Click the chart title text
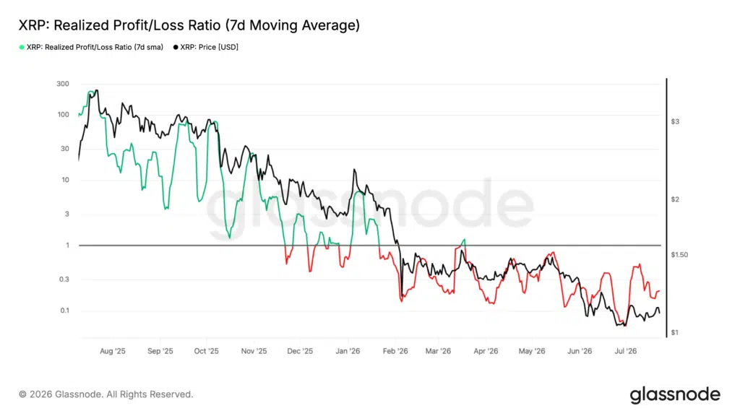[189, 25]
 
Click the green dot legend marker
[22, 47]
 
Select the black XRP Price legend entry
[206, 47]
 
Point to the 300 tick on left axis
[63, 84]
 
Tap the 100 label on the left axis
[64, 115]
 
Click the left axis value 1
[67, 246]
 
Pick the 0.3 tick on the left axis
[64, 279]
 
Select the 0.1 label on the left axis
[64, 311]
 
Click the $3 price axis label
[676, 121]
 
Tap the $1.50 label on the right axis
[679, 255]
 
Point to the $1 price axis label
[675, 332]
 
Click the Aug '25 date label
[113, 351]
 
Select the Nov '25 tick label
[254, 351]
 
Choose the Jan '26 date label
[348, 351]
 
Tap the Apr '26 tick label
[486, 351]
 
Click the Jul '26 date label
[626, 351]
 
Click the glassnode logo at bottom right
[676, 395]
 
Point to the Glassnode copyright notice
[106, 394]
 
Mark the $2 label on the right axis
[676, 199]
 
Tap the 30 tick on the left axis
[65, 149]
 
